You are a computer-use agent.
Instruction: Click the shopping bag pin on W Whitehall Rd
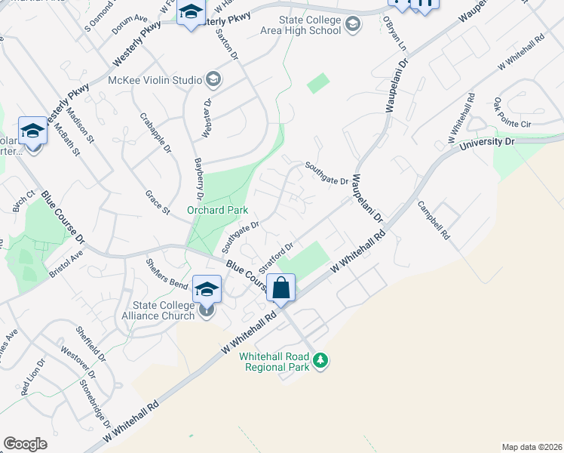(x=280, y=288)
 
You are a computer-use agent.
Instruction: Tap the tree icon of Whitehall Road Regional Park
(x=322, y=360)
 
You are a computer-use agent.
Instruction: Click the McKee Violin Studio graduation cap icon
(x=213, y=80)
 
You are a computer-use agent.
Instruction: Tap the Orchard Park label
(x=218, y=210)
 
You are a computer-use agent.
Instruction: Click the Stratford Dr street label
(x=275, y=257)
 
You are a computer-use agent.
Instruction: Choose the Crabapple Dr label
(x=156, y=132)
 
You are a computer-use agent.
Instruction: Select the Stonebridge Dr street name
(x=97, y=401)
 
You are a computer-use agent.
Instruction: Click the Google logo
(x=25, y=443)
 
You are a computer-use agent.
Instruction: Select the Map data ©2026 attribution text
(x=531, y=446)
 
